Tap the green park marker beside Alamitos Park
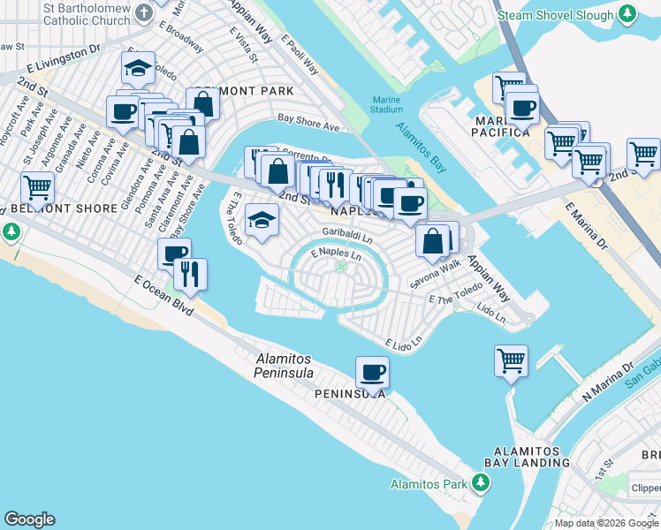[480, 483]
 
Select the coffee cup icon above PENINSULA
[372, 372]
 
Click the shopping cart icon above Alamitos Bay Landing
[511, 360]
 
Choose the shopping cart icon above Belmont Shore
[37, 187]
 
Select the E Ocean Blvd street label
[164, 295]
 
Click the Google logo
[29, 519]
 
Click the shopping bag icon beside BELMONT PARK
[202, 103]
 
